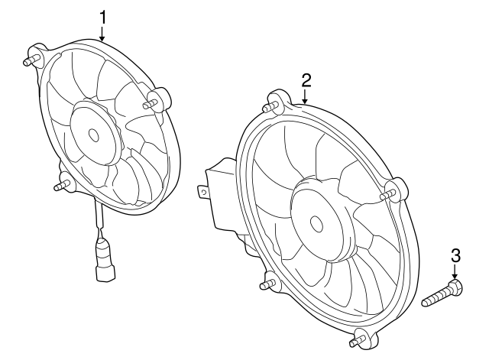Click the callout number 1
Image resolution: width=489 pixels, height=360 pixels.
tap(102, 15)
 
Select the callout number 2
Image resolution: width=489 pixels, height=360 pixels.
tap(306, 79)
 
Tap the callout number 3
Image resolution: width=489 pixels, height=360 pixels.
tap(455, 255)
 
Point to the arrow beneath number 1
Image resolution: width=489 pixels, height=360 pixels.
tap(102, 32)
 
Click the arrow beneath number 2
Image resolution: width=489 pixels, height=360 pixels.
tap(305, 96)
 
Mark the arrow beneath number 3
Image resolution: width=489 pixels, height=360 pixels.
tap(455, 272)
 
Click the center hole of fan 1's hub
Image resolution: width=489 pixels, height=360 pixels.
tap(94, 135)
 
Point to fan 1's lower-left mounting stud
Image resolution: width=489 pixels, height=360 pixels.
tap(62, 185)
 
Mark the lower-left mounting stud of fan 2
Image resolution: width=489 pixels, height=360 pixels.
tap(267, 284)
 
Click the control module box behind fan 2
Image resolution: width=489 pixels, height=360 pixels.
tap(222, 195)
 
